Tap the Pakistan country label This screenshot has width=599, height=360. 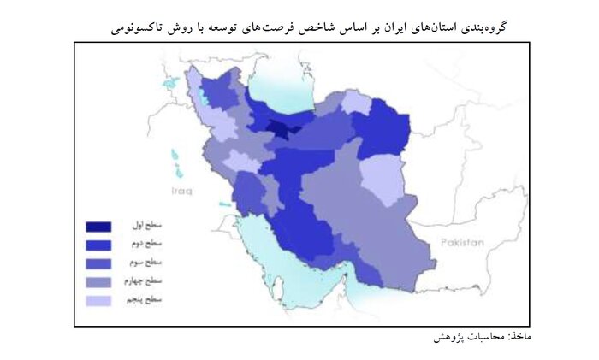[x=462, y=243]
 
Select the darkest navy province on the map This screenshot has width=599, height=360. [x=279, y=130]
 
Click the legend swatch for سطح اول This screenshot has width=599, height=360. [x=98, y=227]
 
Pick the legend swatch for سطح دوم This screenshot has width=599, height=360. [x=98, y=245]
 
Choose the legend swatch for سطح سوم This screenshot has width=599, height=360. [x=98, y=263]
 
